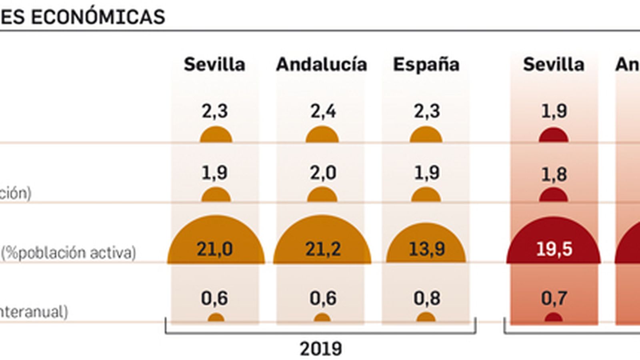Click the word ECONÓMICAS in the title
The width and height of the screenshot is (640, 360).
pos(98,17)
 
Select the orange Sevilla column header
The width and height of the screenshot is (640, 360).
pos(214,64)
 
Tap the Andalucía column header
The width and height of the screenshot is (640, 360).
pos(321,64)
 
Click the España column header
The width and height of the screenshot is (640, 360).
pos(426,64)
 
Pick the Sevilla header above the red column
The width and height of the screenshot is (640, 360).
pos(554,64)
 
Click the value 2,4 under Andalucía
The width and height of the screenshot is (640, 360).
pos(323,111)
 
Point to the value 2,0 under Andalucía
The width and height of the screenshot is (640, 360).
pos(323,173)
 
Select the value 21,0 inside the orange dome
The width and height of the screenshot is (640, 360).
pos(215,249)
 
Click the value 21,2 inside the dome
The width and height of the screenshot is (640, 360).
pos(323,249)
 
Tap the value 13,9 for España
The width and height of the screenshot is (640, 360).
pos(426,249)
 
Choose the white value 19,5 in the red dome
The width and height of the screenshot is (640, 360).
pos(554,249)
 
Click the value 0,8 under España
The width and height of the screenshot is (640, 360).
pos(426,298)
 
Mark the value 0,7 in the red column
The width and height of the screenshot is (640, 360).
pos(554,298)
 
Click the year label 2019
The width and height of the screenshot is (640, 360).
pos(321,349)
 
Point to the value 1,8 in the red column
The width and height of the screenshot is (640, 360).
pos(554,174)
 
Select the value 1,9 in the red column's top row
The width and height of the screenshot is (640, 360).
pos(554,111)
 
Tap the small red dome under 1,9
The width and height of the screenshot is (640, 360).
pos(554,136)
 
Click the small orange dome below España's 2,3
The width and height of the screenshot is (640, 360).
pos(426,135)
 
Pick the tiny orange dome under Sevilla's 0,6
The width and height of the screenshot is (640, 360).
pos(216,318)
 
